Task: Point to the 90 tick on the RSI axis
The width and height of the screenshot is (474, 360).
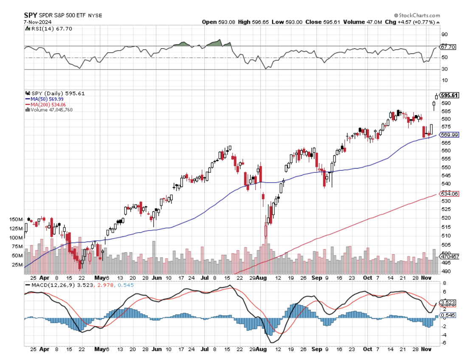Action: click(x=445, y=34)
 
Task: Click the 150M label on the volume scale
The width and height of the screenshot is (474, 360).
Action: click(x=16, y=219)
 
